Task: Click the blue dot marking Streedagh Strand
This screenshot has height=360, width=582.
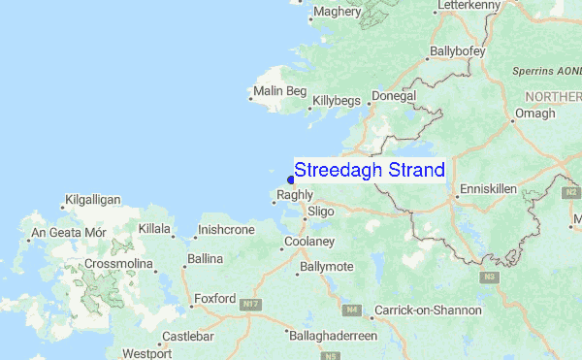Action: pyautogui.click(x=291, y=179)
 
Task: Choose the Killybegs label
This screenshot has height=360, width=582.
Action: pyautogui.click(x=336, y=100)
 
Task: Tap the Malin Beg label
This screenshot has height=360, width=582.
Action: pyautogui.click(x=278, y=93)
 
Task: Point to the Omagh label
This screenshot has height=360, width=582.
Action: pyautogui.click(x=534, y=114)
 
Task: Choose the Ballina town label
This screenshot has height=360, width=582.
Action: pyautogui.click(x=205, y=259)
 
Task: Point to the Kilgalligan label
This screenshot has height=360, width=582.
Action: pyautogui.click(x=92, y=200)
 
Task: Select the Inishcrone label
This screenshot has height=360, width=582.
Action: pyautogui.click(x=225, y=231)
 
